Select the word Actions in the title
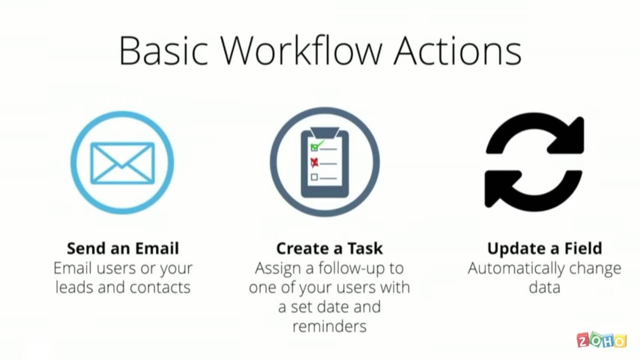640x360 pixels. (x=458, y=51)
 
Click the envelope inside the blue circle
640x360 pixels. (x=122, y=163)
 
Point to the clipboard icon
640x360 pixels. (x=325, y=162)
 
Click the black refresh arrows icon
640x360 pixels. (x=534, y=162)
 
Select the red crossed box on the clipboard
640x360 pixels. (x=314, y=162)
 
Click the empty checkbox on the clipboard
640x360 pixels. (x=314, y=177)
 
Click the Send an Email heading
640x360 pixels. (x=123, y=248)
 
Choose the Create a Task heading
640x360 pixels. (x=330, y=248)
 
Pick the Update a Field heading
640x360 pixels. (x=544, y=248)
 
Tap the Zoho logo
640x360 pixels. (x=602, y=340)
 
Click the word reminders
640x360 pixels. (x=330, y=326)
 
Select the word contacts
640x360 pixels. (x=160, y=288)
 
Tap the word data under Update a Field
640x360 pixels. (x=544, y=287)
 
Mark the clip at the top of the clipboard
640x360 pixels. (x=325, y=133)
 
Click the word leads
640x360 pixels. (x=74, y=287)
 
